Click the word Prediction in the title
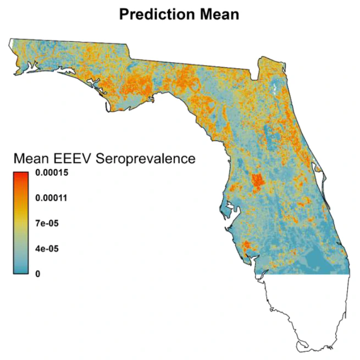click(x=157, y=14)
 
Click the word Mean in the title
click(x=219, y=14)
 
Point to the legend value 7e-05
click(x=46, y=224)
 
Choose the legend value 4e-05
click(x=46, y=248)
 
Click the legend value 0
click(x=37, y=273)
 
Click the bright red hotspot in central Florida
click(x=256, y=180)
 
